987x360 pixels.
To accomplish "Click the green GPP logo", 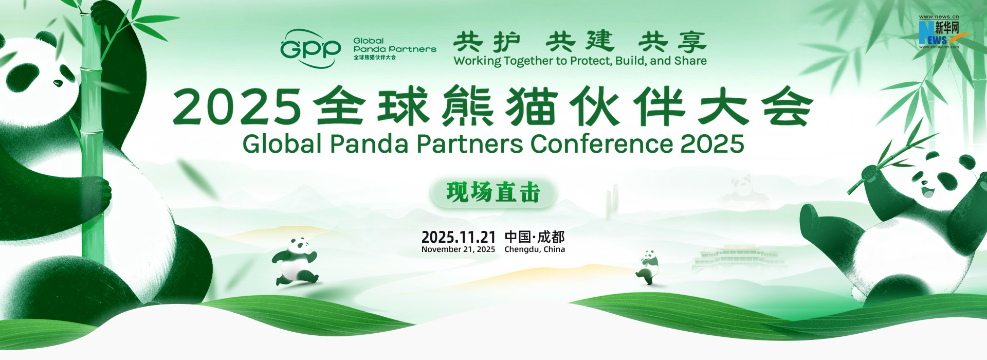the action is [310, 48].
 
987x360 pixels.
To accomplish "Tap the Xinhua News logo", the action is [939, 32].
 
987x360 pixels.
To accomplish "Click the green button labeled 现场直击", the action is [493, 193].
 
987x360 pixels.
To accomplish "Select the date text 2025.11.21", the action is [459, 237].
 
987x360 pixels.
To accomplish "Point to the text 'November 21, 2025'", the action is [458, 249].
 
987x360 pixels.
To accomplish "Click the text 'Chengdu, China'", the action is [535, 249].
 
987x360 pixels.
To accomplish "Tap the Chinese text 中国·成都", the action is [535, 237].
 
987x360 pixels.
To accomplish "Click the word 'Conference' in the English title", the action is [601, 144].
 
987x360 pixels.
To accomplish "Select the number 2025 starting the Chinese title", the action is [237, 107].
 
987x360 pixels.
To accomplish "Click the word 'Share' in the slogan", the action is [690, 61].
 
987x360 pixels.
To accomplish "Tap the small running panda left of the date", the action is [295, 261].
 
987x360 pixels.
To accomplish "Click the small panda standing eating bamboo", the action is [648, 267].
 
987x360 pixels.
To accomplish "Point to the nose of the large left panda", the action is [58, 82].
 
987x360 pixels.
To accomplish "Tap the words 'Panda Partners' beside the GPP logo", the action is [395, 49].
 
